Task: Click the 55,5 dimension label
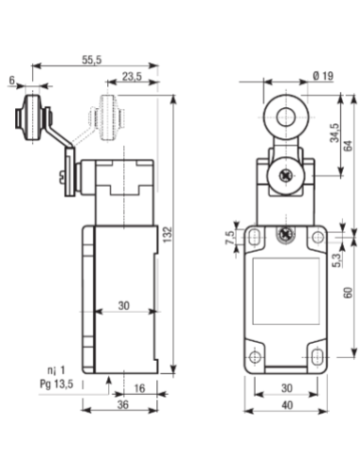92,60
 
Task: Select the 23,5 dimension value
132,77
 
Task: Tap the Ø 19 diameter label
323,76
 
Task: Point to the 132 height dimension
168,234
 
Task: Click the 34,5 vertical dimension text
334,133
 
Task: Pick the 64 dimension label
348,146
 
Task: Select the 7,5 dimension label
230,238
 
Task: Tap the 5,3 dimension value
337,261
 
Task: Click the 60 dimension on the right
348,293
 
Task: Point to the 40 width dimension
287,405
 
